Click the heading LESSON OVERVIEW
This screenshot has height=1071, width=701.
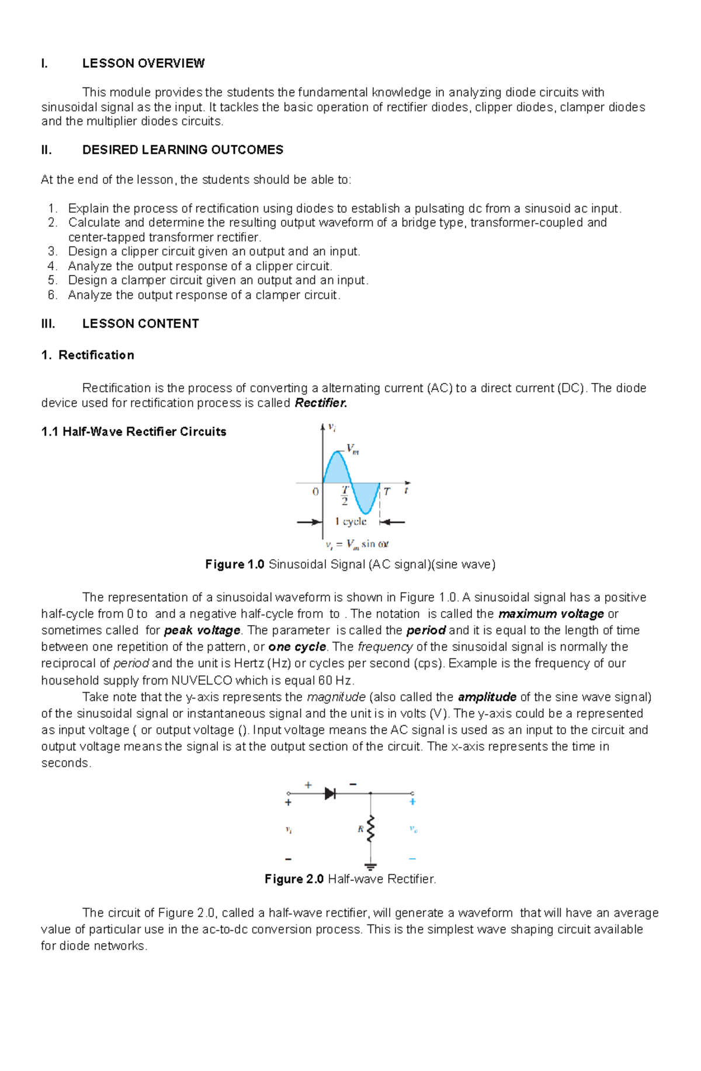click(x=143, y=63)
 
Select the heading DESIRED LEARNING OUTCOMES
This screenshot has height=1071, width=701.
click(x=182, y=150)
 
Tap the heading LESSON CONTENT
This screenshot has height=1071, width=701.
click(x=140, y=324)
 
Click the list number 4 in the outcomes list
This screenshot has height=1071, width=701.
click(x=53, y=266)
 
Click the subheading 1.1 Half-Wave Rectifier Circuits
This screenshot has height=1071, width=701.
click(x=134, y=432)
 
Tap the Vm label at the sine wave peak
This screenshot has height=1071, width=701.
click(x=353, y=449)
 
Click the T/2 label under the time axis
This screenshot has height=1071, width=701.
click(x=345, y=496)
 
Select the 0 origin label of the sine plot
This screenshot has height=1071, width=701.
click(x=315, y=491)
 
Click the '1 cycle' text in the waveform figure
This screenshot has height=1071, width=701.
click(x=350, y=521)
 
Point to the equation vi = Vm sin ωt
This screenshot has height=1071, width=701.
click(x=357, y=544)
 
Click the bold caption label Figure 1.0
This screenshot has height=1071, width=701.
click(x=235, y=564)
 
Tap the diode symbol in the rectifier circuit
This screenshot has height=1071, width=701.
click(x=330, y=793)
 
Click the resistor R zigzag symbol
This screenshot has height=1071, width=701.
click(x=370, y=829)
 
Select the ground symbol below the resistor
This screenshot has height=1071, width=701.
click(x=370, y=866)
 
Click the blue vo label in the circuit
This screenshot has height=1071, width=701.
click(x=413, y=829)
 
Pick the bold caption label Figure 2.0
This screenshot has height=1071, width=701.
click(x=294, y=879)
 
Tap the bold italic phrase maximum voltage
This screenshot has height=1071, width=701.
click(x=551, y=614)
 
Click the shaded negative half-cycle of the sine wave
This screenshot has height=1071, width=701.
click(x=365, y=497)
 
